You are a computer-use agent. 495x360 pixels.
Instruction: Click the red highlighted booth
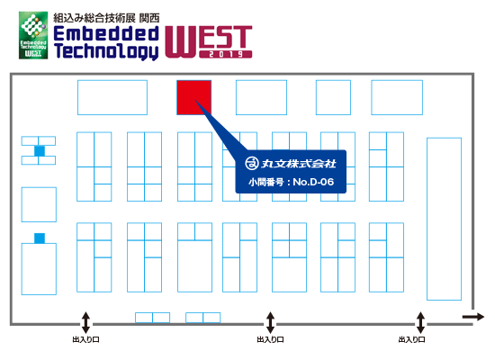tap(193, 97)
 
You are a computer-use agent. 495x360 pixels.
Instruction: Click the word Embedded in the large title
tap(106, 33)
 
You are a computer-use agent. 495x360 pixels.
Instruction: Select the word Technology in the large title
tap(106, 50)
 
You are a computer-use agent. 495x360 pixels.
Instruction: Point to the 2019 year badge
tap(226, 54)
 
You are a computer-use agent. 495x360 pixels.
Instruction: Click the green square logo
tap(33, 35)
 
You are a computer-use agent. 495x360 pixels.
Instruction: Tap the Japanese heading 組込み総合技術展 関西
tap(106, 18)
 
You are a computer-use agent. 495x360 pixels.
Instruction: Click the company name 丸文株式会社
tap(298, 164)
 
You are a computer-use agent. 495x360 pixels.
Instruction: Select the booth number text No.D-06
tap(313, 182)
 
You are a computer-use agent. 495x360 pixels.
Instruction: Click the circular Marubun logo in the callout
tap(252, 163)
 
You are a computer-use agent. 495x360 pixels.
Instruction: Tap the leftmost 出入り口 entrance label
tap(85, 340)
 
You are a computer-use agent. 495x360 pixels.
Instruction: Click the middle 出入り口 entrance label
tap(270, 340)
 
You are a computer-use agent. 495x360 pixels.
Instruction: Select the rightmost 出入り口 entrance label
tap(411, 340)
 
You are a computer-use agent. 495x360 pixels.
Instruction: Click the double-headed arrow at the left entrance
tap(85, 322)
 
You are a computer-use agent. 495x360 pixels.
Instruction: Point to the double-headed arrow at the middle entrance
tap(270, 322)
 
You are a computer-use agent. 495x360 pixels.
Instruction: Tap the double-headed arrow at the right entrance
tap(420, 322)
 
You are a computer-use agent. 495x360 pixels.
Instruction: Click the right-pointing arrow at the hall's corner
tap(473, 317)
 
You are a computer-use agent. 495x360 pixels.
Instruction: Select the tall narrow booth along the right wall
tap(444, 219)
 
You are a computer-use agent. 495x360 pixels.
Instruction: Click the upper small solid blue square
tap(40, 151)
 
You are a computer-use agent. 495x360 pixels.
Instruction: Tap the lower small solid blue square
tap(40, 238)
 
